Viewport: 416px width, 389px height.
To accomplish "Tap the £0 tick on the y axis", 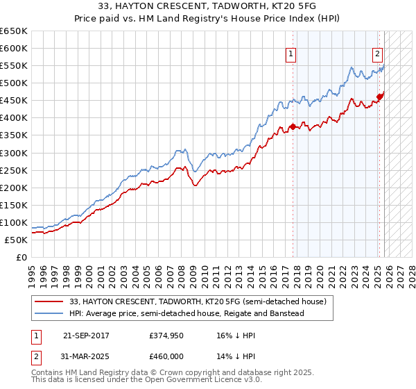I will (22, 257).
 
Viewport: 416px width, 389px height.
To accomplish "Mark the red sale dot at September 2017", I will (293, 126).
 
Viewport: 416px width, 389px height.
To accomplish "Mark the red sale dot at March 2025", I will (380, 97).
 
